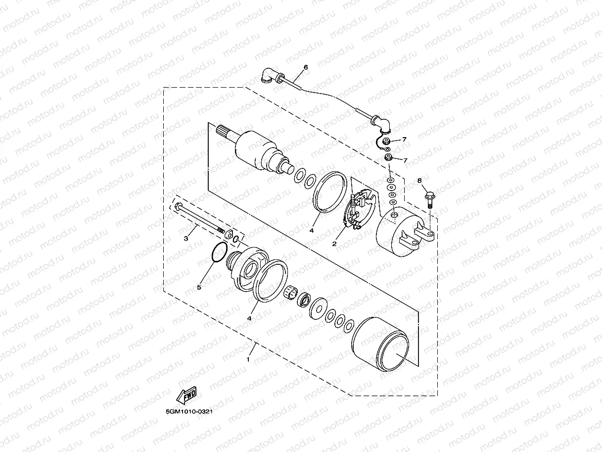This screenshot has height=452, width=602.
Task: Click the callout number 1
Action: pyautogui.click(x=248, y=360)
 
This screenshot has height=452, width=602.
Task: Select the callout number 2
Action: pyautogui.click(x=334, y=244)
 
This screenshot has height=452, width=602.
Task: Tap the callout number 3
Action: pyautogui.click(x=186, y=238)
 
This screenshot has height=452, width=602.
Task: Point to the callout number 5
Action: pyautogui.click(x=200, y=287)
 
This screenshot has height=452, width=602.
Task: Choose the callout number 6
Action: pyautogui.click(x=305, y=67)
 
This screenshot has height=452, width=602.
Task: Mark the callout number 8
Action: pyautogui.click(x=419, y=181)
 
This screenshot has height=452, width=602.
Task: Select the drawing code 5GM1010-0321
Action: pyautogui.click(x=189, y=411)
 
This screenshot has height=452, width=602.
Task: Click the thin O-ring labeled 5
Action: pyautogui.click(x=218, y=252)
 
